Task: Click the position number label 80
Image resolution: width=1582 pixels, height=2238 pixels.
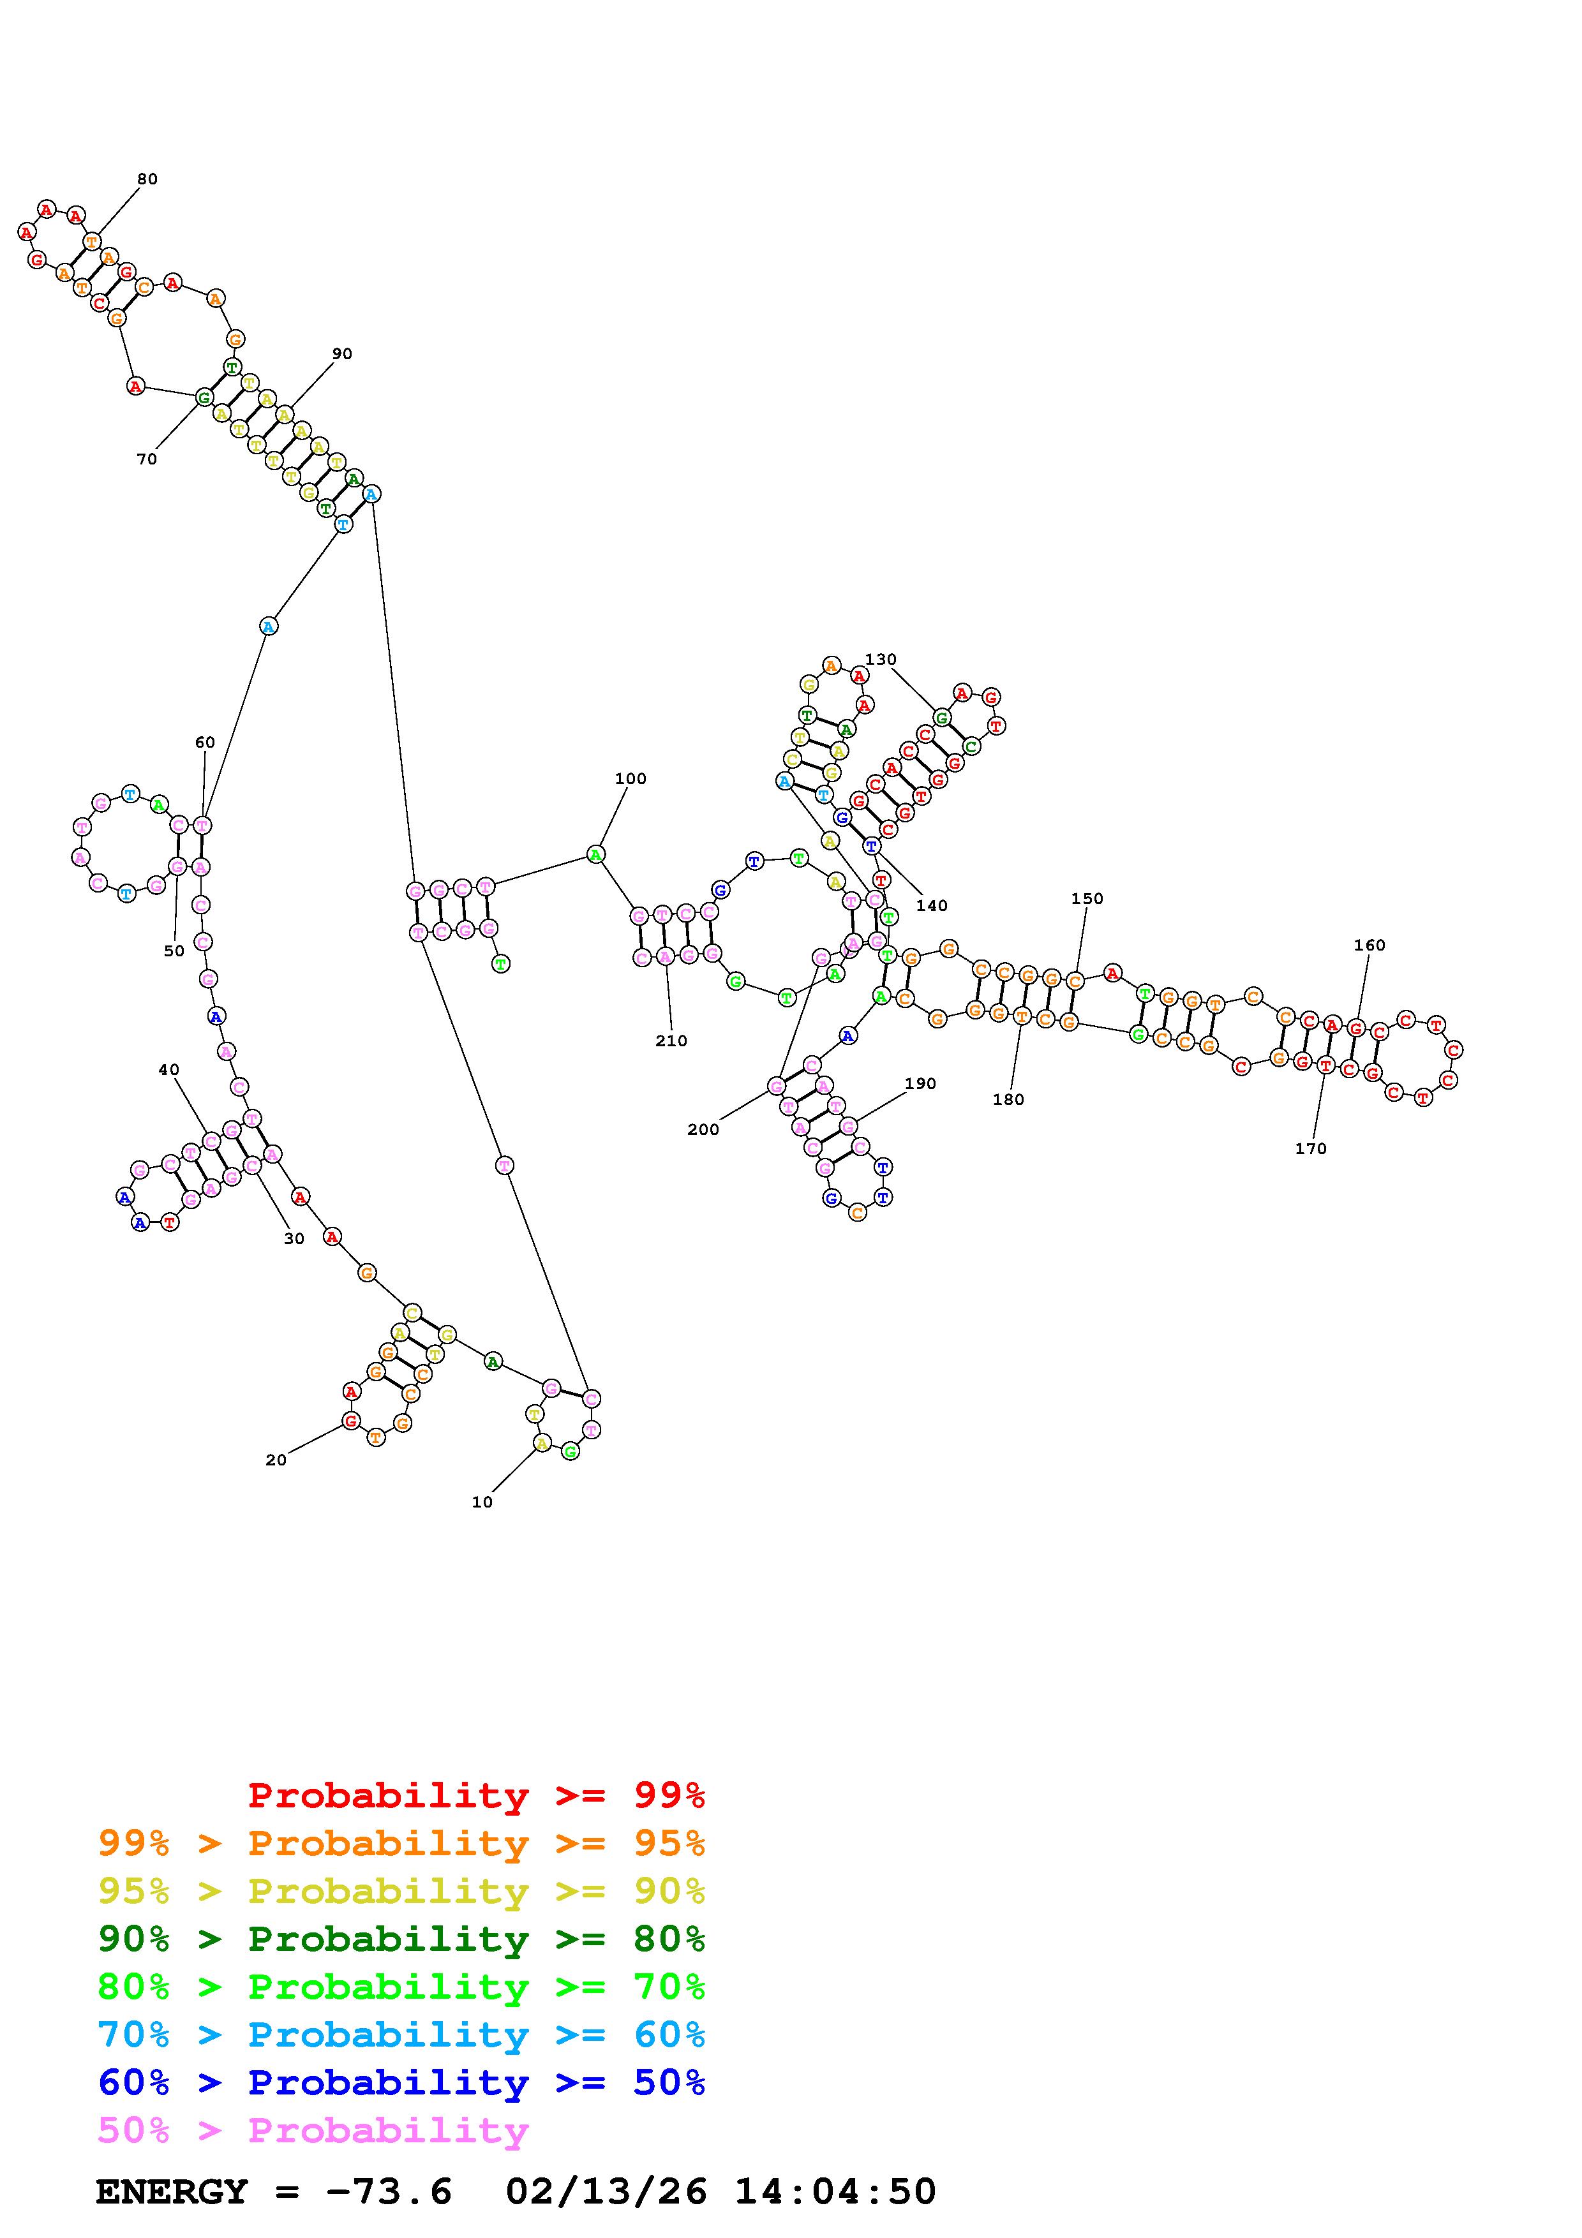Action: [147, 179]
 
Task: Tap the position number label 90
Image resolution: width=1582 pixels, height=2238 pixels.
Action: [341, 354]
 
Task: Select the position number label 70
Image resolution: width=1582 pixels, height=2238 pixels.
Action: [146, 459]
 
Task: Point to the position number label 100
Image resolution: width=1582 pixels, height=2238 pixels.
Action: [630, 779]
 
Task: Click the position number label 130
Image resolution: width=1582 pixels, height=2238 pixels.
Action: [880, 659]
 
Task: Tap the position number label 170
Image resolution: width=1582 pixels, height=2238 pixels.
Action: [1310, 1148]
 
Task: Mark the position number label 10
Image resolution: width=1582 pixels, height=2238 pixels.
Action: [482, 1502]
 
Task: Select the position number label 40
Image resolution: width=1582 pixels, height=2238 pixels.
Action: [168, 1069]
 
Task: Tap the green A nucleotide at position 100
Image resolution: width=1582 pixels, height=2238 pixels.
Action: [595, 855]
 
